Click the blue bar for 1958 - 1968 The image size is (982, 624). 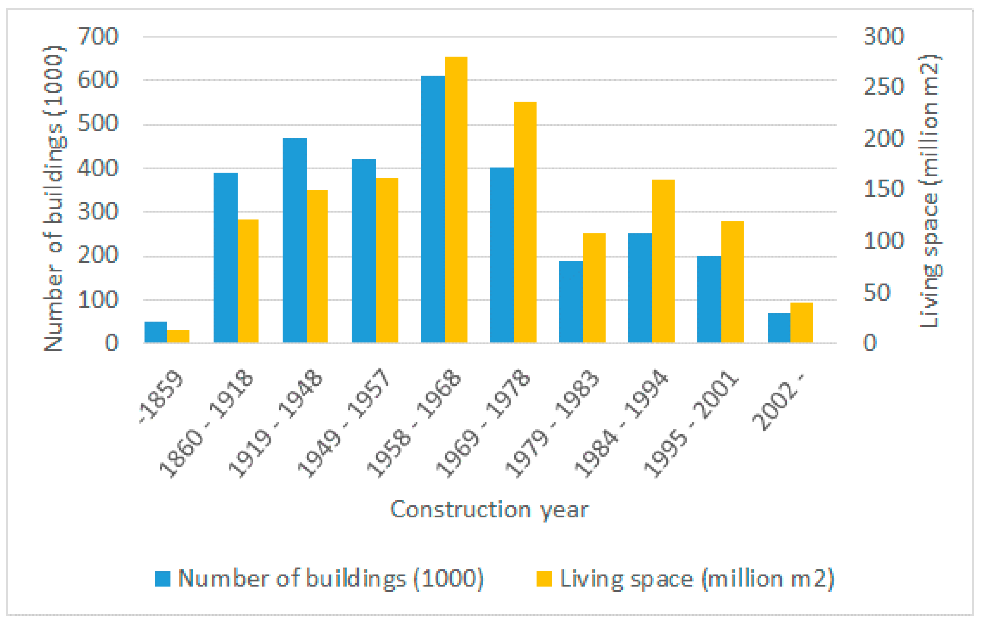pos(433,209)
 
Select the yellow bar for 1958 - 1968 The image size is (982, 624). pos(456,200)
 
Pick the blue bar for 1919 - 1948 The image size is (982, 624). pos(295,240)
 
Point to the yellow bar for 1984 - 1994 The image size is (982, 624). pos(663,261)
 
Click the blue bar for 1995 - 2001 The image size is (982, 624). pos(709,300)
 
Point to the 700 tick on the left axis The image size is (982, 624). pos(98,36)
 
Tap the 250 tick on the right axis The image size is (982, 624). pos(884,87)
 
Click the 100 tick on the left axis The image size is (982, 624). pos(98,300)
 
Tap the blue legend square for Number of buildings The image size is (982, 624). pos(162,579)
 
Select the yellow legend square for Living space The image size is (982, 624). pos(544,579)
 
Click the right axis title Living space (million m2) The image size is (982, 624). pos(930,191)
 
